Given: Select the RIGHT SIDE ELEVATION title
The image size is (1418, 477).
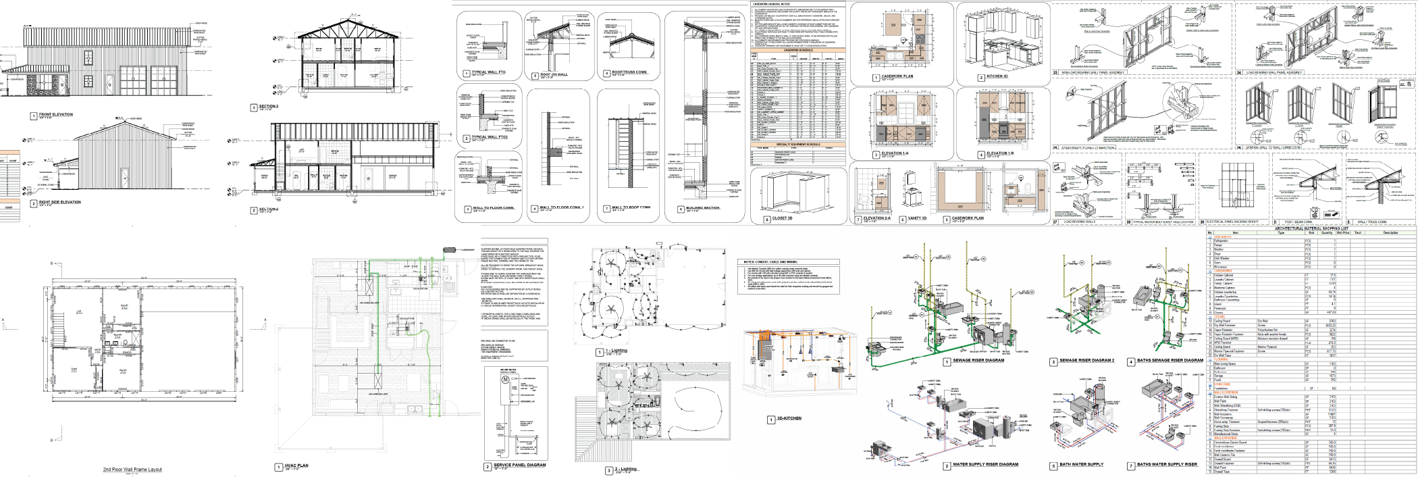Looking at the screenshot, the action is [60, 202].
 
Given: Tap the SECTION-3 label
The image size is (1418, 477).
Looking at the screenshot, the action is [269, 107].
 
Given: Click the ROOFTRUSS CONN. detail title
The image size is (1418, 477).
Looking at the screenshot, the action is [629, 72].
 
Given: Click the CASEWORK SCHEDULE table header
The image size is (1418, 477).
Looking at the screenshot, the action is [798, 50].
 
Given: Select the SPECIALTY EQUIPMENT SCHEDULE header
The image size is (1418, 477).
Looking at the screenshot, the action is [798, 144].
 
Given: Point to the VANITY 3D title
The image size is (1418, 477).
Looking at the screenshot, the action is [917, 218].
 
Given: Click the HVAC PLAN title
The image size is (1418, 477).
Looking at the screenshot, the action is [297, 466].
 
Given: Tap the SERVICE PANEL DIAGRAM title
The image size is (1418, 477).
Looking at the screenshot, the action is [519, 465].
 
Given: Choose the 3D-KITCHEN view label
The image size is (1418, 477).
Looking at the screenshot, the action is [789, 418].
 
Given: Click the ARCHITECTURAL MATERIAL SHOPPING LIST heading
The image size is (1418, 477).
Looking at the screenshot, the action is [1311, 228].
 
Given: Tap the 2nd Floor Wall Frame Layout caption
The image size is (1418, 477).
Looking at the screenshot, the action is [132, 469].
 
